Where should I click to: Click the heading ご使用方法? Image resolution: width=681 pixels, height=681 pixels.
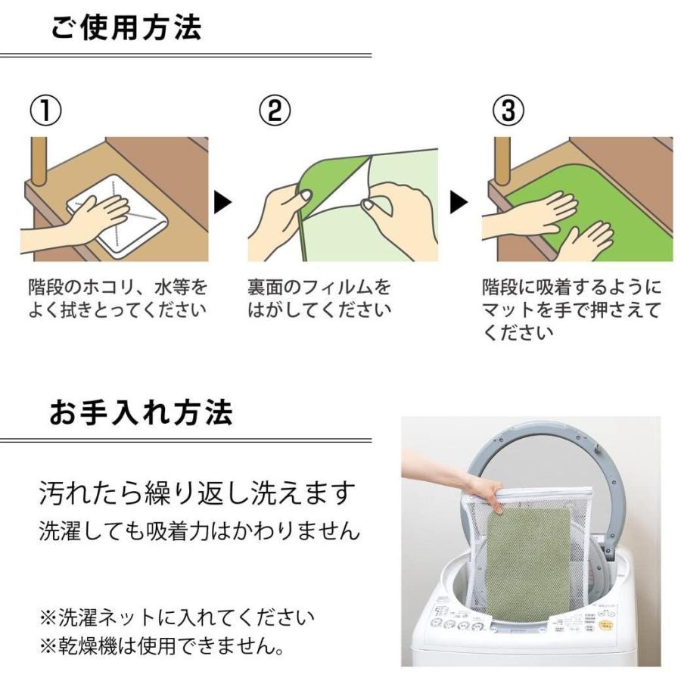126,27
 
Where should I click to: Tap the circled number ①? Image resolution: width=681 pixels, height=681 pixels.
45,110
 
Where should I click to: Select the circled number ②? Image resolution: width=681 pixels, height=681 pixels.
275,110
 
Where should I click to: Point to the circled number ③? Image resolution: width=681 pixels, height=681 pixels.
508,110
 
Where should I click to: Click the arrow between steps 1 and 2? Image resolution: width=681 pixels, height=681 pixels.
222,202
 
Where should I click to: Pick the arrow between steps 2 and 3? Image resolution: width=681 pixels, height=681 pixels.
459,202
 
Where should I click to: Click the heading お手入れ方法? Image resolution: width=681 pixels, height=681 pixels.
141,412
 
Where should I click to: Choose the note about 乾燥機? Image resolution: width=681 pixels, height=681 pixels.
162,647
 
